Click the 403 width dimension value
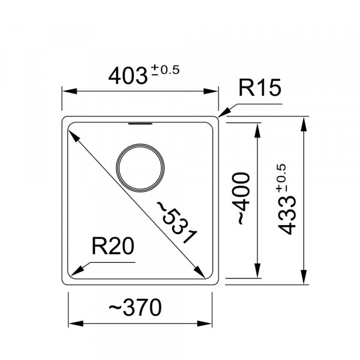tap(128, 76)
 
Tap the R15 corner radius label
tap(260, 88)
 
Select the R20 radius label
tap(113, 246)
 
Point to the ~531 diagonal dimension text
tap(176, 222)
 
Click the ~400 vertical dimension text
tap(241, 198)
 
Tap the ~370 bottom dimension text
tap(135, 307)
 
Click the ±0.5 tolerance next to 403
tap(165, 70)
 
